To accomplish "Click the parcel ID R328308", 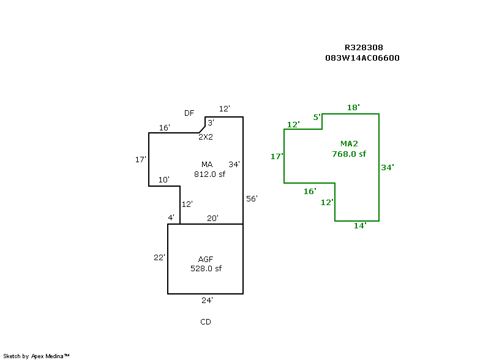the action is [364, 48].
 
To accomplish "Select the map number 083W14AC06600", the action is [362, 58].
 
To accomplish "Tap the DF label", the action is [189, 113].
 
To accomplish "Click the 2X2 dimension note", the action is [206, 137].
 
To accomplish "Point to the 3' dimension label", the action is [211, 122].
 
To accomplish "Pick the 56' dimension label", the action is [252, 199].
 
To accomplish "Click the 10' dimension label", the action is [164, 179].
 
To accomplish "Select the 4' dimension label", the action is [171, 217].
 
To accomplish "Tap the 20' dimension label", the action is [212, 218].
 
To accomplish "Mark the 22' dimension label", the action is [159, 258].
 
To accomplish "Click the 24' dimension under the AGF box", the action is [207, 301].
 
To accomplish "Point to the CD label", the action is [206, 322].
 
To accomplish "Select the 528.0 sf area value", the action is [206, 269].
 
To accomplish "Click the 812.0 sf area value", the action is [209, 174].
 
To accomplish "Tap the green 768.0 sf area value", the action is [349, 154].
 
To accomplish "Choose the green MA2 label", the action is [349, 144].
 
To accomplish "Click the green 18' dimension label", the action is [353, 108].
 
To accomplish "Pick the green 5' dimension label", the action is [317, 118].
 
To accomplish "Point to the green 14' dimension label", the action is [360, 226].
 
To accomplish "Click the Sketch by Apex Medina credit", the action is [36, 356].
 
